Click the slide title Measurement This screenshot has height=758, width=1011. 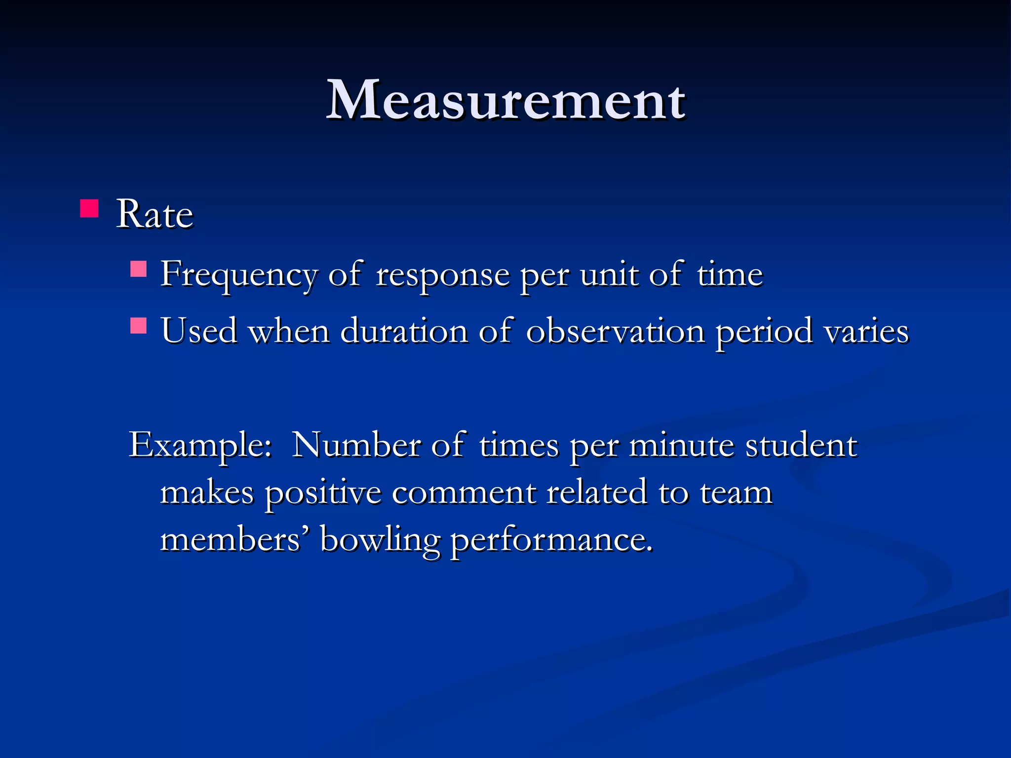click(x=505, y=101)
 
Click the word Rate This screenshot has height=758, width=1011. click(x=155, y=215)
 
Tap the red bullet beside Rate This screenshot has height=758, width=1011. click(x=89, y=208)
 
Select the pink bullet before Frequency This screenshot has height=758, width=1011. click(x=138, y=269)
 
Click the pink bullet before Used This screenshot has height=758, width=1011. click(x=138, y=326)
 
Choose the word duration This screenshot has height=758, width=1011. click(x=404, y=331)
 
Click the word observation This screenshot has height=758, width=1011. click(x=615, y=331)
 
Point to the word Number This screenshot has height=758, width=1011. click(x=356, y=446)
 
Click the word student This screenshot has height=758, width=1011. click(x=801, y=446)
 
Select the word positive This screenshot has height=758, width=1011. click(x=323, y=493)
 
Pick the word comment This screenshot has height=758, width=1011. click(x=464, y=493)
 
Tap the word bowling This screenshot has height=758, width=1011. click(x=380, y=540)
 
